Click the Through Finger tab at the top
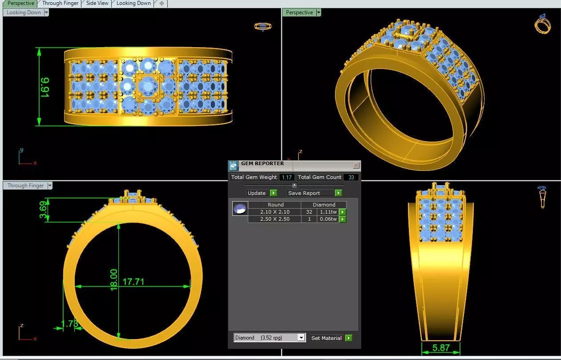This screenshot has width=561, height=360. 60,3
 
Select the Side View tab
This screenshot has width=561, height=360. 97,3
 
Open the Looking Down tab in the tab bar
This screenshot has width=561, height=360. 133,3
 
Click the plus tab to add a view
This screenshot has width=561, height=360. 161,3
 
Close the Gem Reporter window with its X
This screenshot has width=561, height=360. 356,165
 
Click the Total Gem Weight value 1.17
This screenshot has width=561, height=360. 287,177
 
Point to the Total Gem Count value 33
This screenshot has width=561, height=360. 351,177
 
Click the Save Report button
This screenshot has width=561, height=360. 310,193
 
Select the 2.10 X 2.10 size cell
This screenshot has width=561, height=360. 274,212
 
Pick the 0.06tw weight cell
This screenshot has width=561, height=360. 327,219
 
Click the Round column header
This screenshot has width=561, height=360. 275,205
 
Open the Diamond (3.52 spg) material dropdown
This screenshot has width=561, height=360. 270,338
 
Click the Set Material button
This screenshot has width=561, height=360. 327,338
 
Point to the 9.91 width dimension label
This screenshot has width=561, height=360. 45,87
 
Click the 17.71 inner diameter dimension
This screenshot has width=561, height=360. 133,282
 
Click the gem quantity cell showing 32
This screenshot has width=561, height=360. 309,212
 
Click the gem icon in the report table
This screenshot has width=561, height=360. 240,208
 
